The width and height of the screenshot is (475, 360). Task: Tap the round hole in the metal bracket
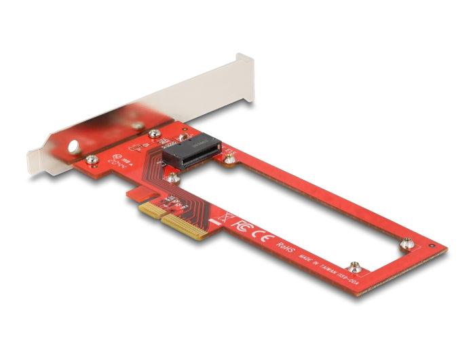(73, 146)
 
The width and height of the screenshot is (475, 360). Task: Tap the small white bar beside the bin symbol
(216, 222)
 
